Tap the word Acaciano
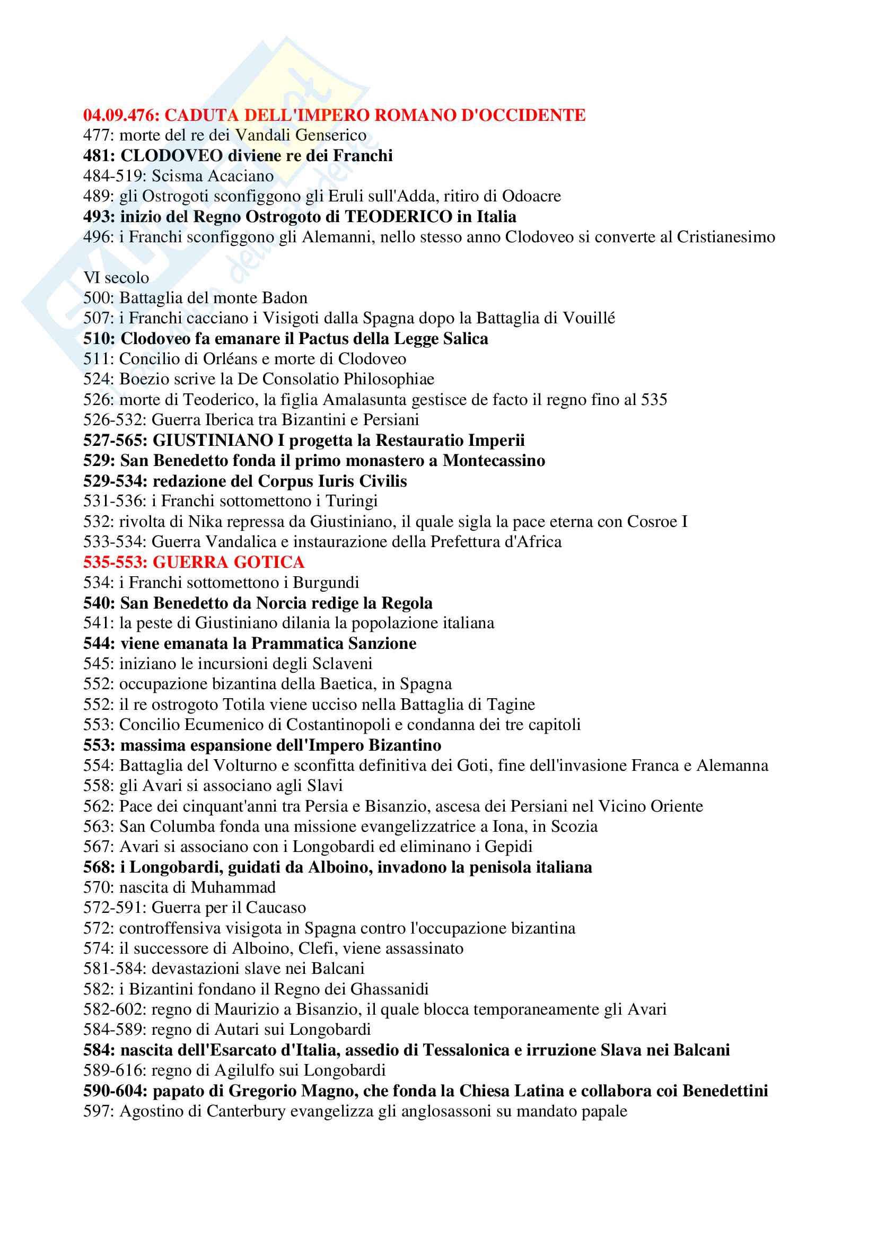[x=241, y=176]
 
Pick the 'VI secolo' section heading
[x=116, y=278]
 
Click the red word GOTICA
[x=269, y=562]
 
